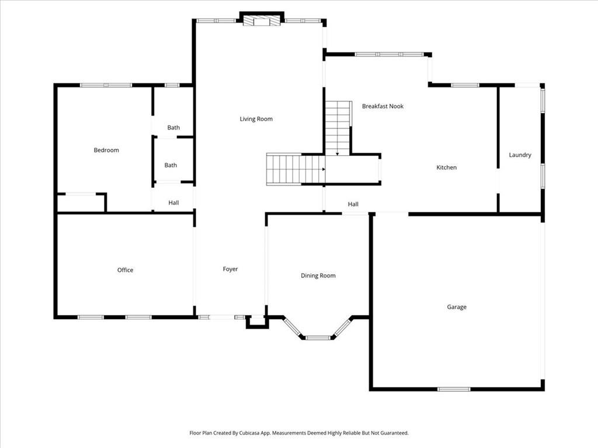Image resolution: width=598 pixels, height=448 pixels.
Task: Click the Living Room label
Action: (x=256, y=119)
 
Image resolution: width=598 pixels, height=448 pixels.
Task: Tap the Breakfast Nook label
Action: (x=383, y=106)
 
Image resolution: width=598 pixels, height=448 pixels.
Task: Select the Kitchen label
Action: (x=447, y=167)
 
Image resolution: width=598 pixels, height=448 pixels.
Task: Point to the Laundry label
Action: (x=520, y=155)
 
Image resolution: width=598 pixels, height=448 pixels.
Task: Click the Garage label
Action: (x=457, y=307)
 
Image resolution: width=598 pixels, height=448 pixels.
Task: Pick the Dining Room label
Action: (x=318, y=275)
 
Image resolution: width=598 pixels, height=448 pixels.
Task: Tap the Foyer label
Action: (x=231, y=269)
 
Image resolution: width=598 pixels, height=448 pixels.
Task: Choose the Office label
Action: (x=125, y=270)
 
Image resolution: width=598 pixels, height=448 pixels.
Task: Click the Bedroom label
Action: (x=106, y=150)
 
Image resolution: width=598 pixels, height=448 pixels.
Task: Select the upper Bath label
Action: (x=173, y=128)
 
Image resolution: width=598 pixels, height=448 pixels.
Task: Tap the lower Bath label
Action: (x=171, y=165)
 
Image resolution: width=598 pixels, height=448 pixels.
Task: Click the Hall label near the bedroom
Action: (x=173, y=203)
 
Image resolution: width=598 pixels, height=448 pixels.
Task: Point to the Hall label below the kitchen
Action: (x=353, y=204)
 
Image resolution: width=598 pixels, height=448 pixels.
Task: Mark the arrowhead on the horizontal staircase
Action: (x=323, y=169)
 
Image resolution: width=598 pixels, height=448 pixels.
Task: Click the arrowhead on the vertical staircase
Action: (x=338, y=154)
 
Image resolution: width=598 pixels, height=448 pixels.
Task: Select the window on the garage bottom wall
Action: (x=454, y=389)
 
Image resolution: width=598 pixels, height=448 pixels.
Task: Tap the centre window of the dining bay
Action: (x=318, y=337)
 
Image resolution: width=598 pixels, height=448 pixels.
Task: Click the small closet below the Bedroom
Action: (x=81, y=203)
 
